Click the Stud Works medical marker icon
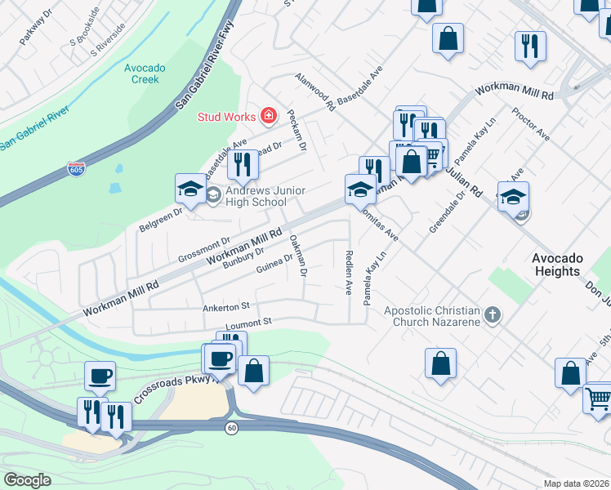(x=267, y=116)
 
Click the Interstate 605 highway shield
(x=75, y=169)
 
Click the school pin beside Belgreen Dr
(x=191, y=189)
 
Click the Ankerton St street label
(x=225, y=308)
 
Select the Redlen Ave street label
(x=349, y=273)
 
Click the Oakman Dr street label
(x=298, y=256)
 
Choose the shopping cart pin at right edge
(x=600, y=399)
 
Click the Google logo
(x=28, y=479)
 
